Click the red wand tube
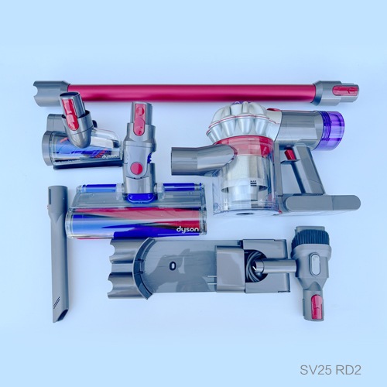[193, 93]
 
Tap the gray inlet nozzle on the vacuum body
[200, 159]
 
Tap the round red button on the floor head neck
[136, 168]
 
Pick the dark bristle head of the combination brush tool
[311, 235]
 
